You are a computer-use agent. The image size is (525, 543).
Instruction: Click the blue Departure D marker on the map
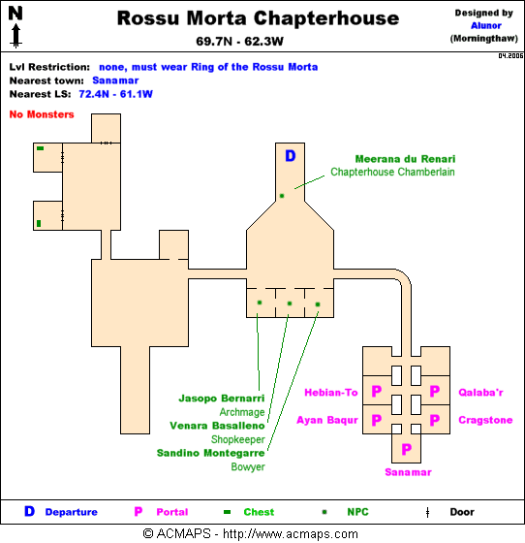pyautogui.click(x=291, y=156)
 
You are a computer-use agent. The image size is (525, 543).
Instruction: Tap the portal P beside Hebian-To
pyautogui.click(x=376, y=392)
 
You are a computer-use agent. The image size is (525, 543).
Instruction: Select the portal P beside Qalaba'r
pyautogui.click(x=434, y=392)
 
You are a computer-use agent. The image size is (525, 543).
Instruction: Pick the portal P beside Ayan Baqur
pyautogui.click(x=376, y=420)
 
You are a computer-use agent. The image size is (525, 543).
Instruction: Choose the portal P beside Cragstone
pyautogui.click(x=434, y=420)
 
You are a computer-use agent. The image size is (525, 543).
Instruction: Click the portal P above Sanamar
pyautogui.click(x=407, y=449)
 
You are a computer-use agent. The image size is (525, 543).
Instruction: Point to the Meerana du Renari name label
pyautogui.click(x=405, y=159)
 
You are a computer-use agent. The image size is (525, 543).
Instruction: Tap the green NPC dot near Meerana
pyautogui.click(x=282, y=196)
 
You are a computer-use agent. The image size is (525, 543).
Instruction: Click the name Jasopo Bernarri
pyautogui.click(x=222, y=399)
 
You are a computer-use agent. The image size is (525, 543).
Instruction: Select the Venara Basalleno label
pyautogui.click(x=217, y=426)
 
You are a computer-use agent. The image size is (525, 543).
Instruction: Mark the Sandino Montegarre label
pyautogui.click(x=210, y=453)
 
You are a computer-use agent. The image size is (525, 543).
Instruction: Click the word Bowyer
pyautogui.click(x=248, y=466)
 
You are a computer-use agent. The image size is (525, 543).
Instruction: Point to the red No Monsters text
pyautogui.click(x=42, y=114)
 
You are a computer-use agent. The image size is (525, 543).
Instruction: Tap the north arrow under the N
pyautogui.click(x=15, y=35)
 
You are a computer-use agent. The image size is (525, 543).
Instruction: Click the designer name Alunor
pyautogui.click(x=486, y=25)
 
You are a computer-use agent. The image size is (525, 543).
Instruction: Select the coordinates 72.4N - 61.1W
pyautogui.click(x=115, y=94)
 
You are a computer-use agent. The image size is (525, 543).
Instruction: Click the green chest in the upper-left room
pyautogui.click(x=40, y=148)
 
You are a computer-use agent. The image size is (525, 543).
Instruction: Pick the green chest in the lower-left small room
pyautogui.click(x=39, y=223)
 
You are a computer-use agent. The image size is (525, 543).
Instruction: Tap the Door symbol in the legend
pyautogui.click(x=428, y=512)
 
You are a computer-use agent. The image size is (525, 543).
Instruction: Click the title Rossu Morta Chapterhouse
pyautogui.click(x=258, y=18)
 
